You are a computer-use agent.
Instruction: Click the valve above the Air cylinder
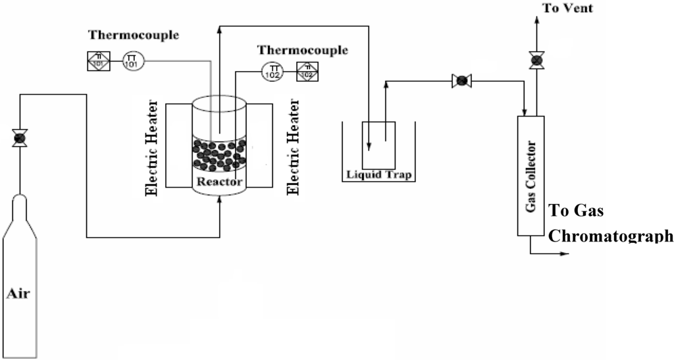click(20, 139)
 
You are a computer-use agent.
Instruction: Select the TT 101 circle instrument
click(132, 62)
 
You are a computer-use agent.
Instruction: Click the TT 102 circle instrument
click(272, 71)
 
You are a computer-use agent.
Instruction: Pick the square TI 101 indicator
click(98, 62)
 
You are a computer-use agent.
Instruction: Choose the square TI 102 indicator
click(307, 71)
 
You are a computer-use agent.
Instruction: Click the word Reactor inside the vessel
click(219, 181)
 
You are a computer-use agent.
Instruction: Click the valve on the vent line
click(536, 61)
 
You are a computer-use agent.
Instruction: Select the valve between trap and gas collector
click(461, 81)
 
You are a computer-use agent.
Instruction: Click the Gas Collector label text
click(532, 175)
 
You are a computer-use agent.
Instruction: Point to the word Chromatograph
click(611, 236)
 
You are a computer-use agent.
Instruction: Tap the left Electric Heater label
click(153, 148)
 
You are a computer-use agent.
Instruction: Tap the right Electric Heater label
click(294, 148)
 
